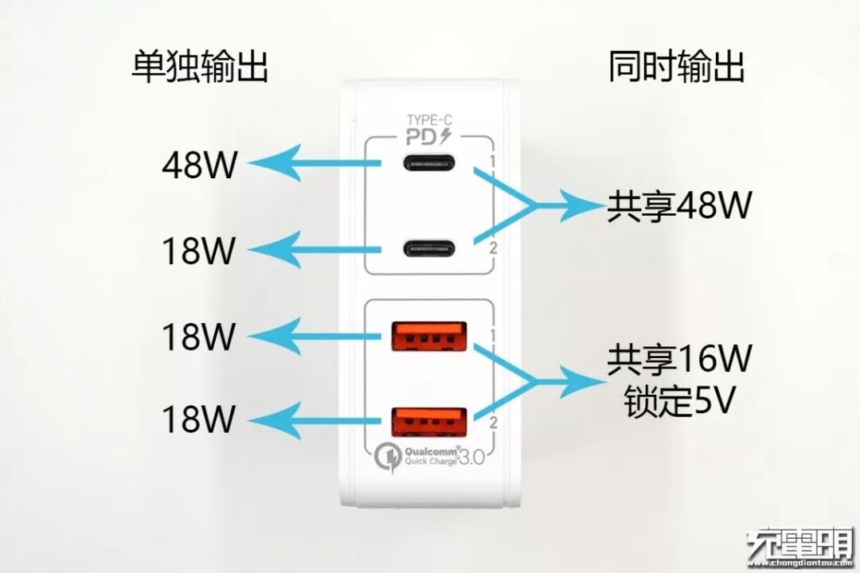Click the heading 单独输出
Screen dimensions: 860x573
point(200,68)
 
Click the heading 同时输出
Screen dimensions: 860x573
point(677,68)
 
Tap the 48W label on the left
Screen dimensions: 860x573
point(200,166)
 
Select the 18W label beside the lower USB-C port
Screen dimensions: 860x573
point(200,251)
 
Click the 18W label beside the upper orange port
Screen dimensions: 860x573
point(200,337)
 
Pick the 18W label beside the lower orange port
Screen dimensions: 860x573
point(200,418)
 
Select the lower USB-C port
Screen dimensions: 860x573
point(429,249)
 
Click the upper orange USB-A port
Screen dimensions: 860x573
point(429,336)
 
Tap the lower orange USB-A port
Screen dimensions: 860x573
point(429,421)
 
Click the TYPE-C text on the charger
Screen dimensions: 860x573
point(429,120)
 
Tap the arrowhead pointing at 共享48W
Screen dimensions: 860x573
point(585,207)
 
